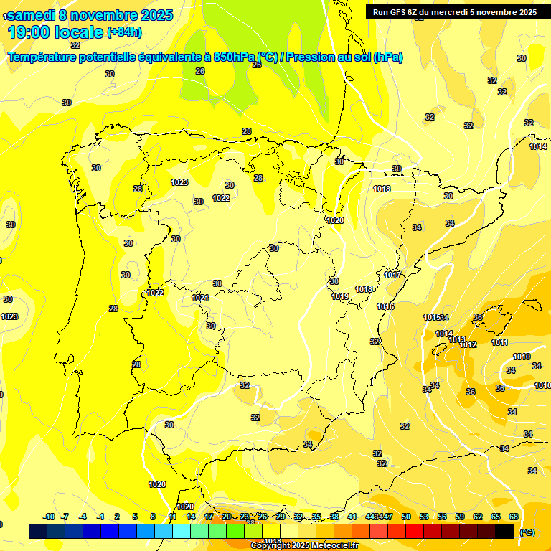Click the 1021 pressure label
tap(200, 298)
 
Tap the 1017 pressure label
tap(392, 275)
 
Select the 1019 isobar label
tap(340, 296)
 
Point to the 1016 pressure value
tap(385, 306)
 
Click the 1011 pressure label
tap(499, 342)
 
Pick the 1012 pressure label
tap(468, 344)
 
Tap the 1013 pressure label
tap(457, 339)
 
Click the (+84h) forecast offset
tap(124, 32)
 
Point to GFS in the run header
tap(400, 12)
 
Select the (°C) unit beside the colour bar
tap(527, 532)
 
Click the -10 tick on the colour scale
tap(49, 517)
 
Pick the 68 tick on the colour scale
tap(514, 517)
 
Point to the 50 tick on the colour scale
tap(406, 517)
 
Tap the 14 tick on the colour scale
tap(191, 517)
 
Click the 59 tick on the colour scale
tap(460, 517)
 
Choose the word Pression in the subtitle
tap(313, 57)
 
